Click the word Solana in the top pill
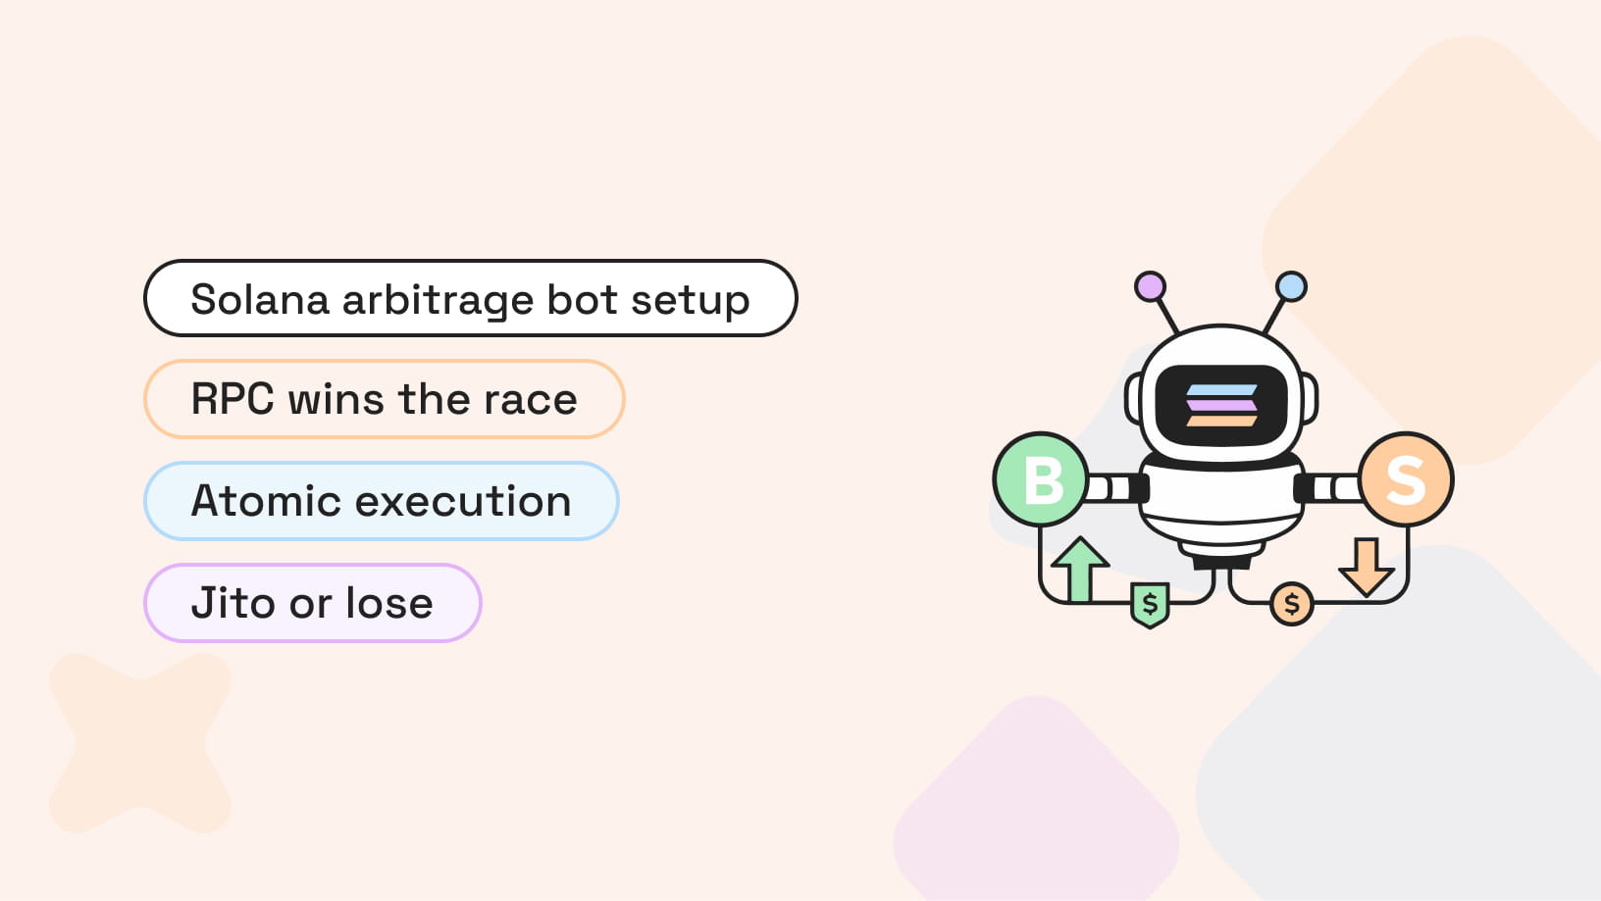pyautogui.click(x=260, y=299)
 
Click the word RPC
pyautogui.click(x=232, y=400)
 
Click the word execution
pyautogui.click(x=463, y=501)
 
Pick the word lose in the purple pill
pyautogui.click(x=389, y=603)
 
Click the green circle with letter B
pyautogui.click(x=1041, y=479)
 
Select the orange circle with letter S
pyautogui.click(x=1406, y=479)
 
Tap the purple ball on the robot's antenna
pyautogui.click(x=1150, y=286)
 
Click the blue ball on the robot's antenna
pyautogui.click(x=1291, y=286)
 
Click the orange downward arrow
pyautogui.click(x=1367, y=566)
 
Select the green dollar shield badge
pyautogui.click(x=1150, y=605)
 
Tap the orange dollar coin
pyautogui.click(x=1292, y=604)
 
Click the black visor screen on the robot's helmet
pyautogui.click(x=1221, y=405)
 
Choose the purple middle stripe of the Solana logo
pyautogui.click(x=1221, y=405)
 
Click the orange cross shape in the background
pyautogui.click(x=140, y=742)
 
